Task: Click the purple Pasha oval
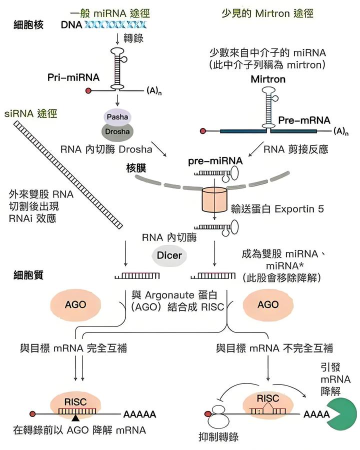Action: tap(116, 117)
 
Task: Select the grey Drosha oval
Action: tap(116, 131)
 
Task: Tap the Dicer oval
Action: tap(169, 255)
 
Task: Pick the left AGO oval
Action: tap(75, 304)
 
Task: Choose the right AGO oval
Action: tap(267, 304)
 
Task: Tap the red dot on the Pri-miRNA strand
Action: tap(88, 91)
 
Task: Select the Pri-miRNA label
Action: tap(73, 77)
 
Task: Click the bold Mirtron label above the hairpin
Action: tap(268, 79)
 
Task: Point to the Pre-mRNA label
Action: tap(304, 120)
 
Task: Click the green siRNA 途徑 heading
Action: tap(30, 114)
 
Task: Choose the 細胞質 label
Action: tap(28, 275)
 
